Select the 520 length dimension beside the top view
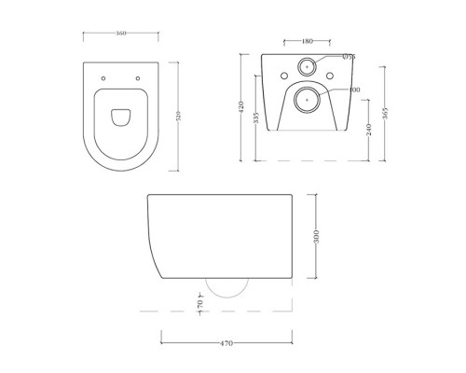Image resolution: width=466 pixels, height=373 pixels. pyautogui.click(x=180, y=116)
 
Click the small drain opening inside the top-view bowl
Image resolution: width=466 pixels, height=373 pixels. pyautogui.click(x=119, y=117)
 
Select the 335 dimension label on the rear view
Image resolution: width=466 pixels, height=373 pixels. pyautogui.click(x=256, y=121)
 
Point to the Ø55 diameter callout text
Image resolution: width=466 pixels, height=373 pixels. pyautogui.click(x=349, y=58)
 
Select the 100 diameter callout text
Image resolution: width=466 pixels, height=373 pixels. pyautogui.click(x=354, y=90)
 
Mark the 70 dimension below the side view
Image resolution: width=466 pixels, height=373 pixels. pyautogui.click(x=199, y=303)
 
